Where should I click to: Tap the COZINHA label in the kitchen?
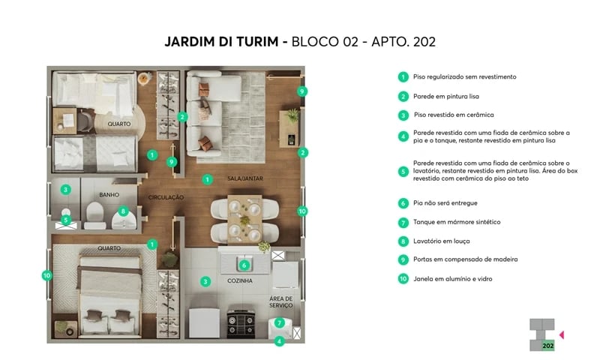[x=240, y=280]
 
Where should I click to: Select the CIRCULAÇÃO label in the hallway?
[x=166, y=197]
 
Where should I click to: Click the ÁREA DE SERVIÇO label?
[x=282, y=301]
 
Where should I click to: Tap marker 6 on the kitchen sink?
[x=244, y=265]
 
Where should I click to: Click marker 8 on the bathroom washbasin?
[x=123, y=211]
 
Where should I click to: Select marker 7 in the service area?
[x=279, y=323]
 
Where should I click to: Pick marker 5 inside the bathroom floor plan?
[x=66, y=220]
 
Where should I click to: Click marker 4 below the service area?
[x=279, y=341]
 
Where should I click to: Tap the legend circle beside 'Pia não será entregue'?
[x=403, y=203]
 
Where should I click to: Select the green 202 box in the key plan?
[x=548, y=345]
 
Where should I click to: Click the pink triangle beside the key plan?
[x=562, y=334]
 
